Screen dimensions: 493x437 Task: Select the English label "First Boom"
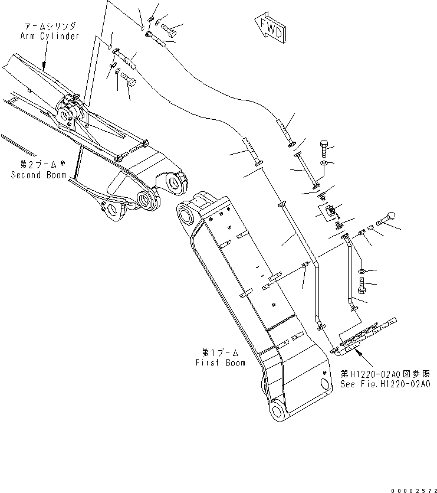click(220, 363)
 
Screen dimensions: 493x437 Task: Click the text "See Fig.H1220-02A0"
click(385, 383)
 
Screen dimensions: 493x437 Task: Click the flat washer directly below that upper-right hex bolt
click(324, 162)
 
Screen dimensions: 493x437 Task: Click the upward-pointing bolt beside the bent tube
click(362, 289)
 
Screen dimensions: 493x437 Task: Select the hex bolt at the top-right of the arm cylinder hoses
click(170, 27)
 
